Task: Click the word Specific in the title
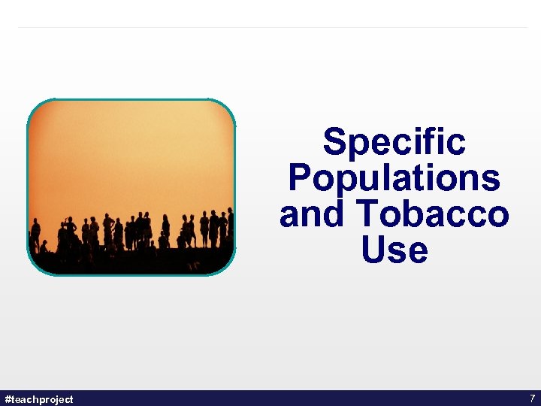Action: click(x=394, y=141)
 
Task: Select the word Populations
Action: click(x=394, y=178)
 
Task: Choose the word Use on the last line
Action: click(x=394, y=250)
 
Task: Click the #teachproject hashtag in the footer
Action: click(x=39, y=398)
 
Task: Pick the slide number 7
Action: click(x=532, y=398)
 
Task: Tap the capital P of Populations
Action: click(x=300, y=178)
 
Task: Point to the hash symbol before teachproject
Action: click(x=8, y=398)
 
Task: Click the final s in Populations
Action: click(x=491, y=180)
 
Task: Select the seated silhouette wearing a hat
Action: click(x=44, y=246)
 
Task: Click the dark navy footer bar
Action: click(x=270, y=398)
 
